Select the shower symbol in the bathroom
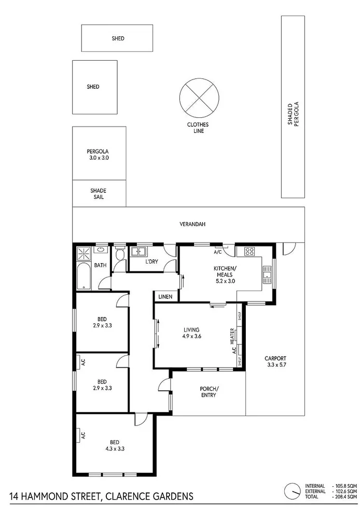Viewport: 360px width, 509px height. [83, 254]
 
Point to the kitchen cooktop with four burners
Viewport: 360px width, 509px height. [248, 252]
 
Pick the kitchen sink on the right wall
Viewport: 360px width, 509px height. [267, 273]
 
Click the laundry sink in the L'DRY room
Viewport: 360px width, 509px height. [139, 252]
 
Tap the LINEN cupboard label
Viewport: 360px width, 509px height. [165, 296]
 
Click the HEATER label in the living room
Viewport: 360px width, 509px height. [233, 337]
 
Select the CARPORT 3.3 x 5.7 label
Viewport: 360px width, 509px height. [274, 362]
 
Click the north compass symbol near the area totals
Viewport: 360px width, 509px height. [293, 490]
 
